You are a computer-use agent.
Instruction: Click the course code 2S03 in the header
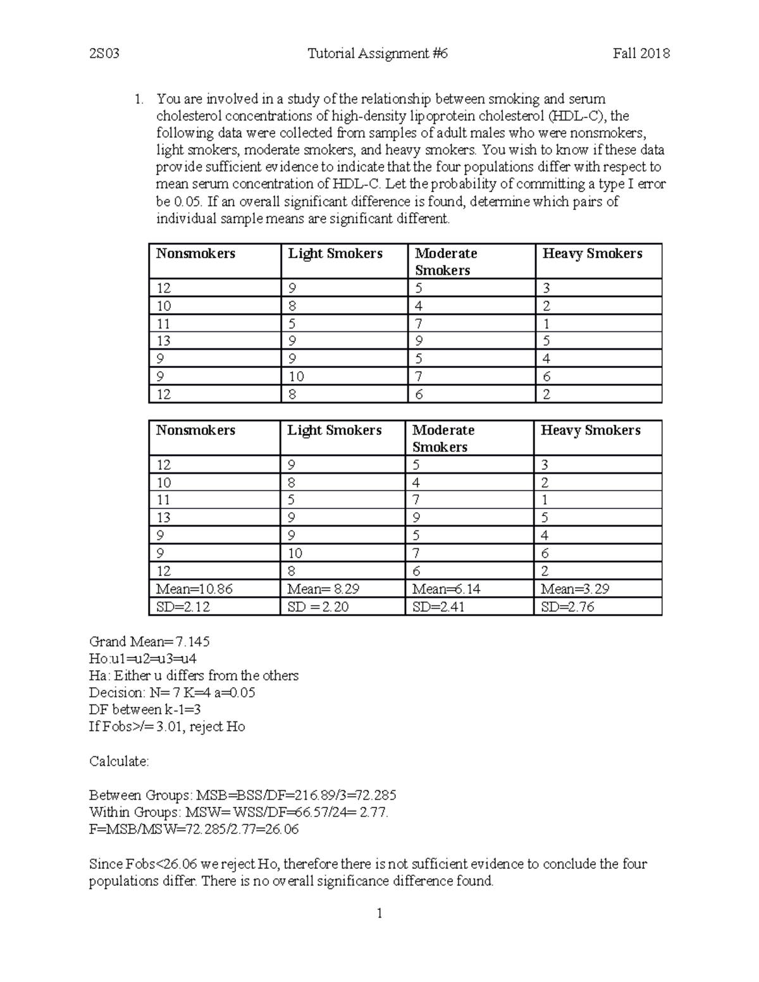[x=104, y=54]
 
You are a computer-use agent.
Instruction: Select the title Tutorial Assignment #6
[x=378, y=54]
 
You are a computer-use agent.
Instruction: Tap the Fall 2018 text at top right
[x=641, y=54]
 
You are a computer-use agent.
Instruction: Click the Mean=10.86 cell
[x=195, y=589]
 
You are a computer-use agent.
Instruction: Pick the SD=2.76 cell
[x=567, y=606]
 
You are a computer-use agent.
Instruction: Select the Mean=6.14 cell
[x=447, y=589]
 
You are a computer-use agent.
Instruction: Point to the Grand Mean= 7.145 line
[x=149, y=641]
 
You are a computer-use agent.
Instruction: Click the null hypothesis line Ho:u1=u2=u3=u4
[x=143, y=658]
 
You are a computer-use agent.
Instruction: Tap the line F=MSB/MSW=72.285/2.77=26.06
[x=194, y=829]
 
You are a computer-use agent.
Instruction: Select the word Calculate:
[x=119, y=761]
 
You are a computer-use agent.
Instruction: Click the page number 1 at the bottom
[x=379, y=913]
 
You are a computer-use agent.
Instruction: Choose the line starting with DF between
[x=145, y=709]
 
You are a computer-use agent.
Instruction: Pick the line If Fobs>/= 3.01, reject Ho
[x=167, y=727]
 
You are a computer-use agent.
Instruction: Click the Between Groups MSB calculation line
[x=243, y=795]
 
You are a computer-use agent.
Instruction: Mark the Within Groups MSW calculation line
[x=238, y=812]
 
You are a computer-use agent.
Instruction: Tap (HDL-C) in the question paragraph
[x=576, y=116]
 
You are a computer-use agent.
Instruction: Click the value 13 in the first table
[x=164, y=341]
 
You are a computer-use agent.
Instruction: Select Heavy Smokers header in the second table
[x=590, y=430]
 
